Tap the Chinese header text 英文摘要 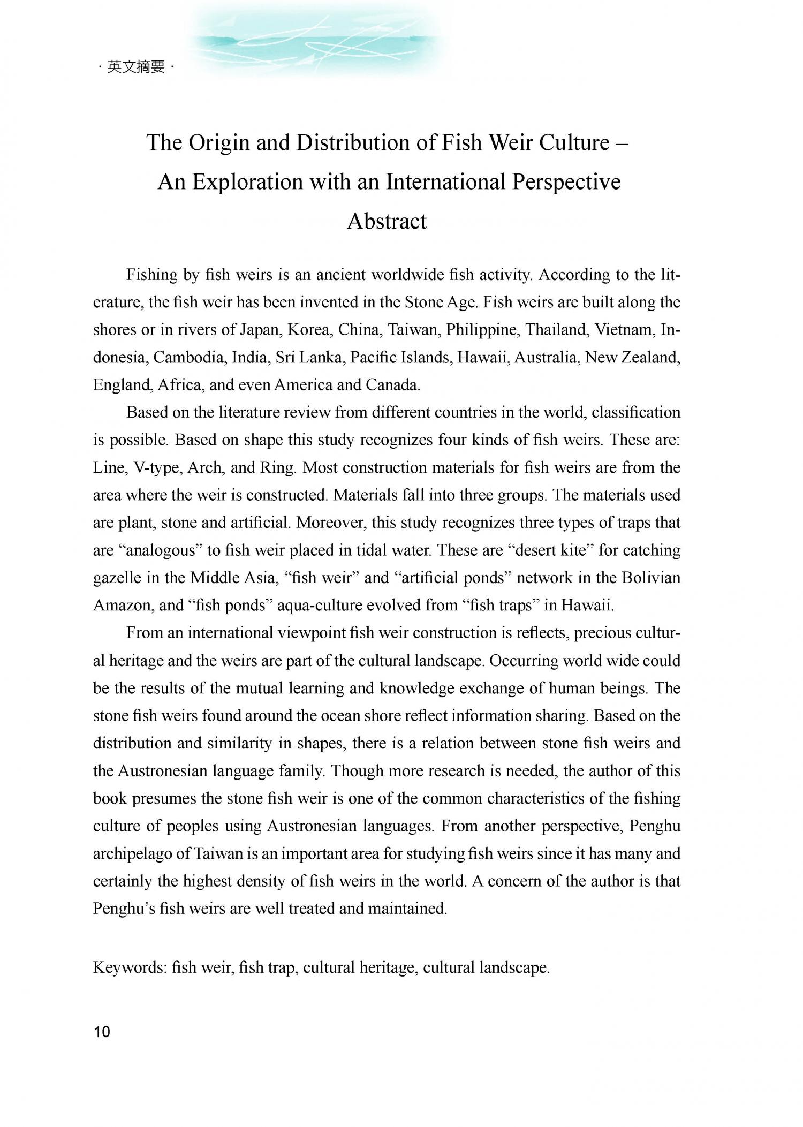point(136,67)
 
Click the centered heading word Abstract point(387,221)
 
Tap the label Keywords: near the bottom point(130,967)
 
